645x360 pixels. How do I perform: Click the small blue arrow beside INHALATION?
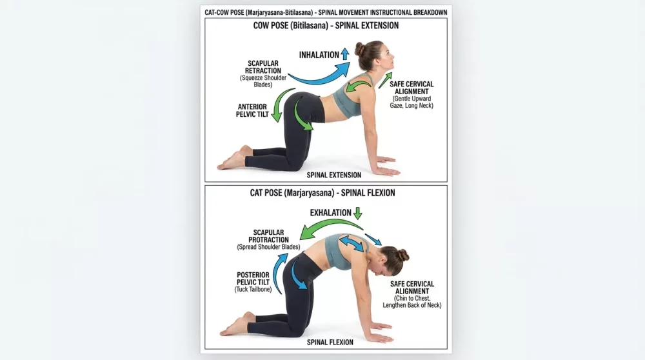click(x=345, y=54)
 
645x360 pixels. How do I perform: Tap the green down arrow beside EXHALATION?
click(x=359, y=213)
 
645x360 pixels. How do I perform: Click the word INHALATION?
click(x=319, y=55)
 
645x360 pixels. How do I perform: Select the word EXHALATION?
click(x=331, y=212)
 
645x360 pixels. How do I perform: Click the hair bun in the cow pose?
click(x=359, y=48)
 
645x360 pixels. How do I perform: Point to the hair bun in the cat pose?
click(x=403, y=255)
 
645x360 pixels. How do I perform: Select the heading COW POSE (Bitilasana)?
click(x=326, y=26)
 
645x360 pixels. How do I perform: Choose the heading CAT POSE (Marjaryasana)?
click(x=322, y=192)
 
